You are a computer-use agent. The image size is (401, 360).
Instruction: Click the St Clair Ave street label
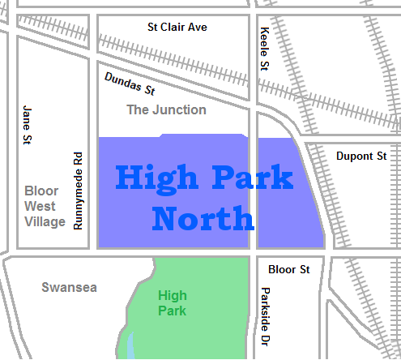pyautogui.click(x=177, y=28)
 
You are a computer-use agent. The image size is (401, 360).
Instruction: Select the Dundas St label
pyautogui.click(x=130, y=84)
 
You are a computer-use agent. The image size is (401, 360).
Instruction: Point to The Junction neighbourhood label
pyautogui.click(x=166, y=109)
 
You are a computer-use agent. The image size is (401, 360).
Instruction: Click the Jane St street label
pyautogui.click(x=28, y=122)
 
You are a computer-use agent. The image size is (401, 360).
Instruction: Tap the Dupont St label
pyautogui.click(x=361, y=155)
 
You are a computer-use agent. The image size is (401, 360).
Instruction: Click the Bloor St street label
pyautogui.click(x=288, y=268)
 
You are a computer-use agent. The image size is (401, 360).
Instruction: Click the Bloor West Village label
pyautogui.click(x=45, y=206)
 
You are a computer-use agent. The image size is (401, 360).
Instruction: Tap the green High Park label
pyautogui.click(x=173, y=302)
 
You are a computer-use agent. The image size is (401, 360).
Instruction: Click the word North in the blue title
pyautogui.click(x=203, y=218)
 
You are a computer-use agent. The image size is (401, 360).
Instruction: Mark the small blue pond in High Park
pyautogui.click(x=130, y=346)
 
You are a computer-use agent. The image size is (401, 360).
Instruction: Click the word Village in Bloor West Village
pyautogui.click(x=45, y=221)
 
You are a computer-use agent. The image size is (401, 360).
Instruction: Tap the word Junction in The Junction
pyautogui.click(x=179, y=109)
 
